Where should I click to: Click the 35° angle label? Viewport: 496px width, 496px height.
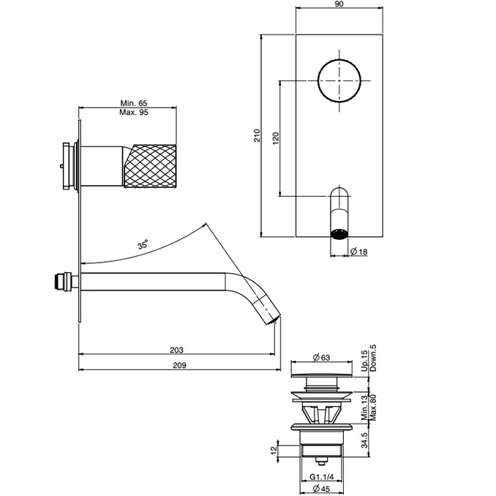click(143, 245)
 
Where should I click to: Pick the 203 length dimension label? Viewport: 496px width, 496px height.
click(176, 350)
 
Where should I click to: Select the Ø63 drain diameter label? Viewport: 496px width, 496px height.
click(322, 357)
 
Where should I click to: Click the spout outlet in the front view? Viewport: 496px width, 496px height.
click(339, 234)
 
